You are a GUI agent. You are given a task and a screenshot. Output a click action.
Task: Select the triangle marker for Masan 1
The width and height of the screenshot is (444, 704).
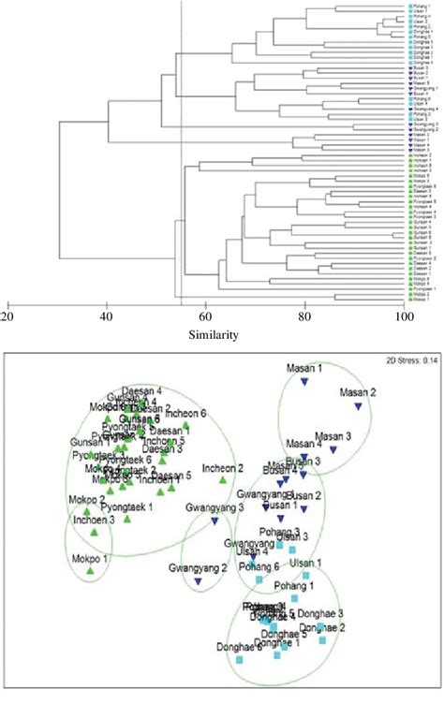pos(303,381)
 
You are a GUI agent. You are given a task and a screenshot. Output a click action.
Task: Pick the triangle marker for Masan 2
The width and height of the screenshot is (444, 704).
pos(358,405)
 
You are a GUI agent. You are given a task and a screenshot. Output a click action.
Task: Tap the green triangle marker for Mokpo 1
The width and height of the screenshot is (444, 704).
pos(90,570)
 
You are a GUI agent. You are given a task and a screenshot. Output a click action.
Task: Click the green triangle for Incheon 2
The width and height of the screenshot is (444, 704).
pos(223,480)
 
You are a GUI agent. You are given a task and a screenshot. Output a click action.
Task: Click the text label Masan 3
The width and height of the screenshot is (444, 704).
pos(333,436)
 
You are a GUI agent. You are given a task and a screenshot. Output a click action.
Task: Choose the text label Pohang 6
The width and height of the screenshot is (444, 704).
pos(259,566)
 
